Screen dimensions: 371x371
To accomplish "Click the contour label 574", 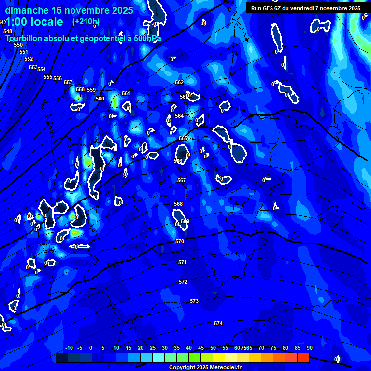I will [218, 323].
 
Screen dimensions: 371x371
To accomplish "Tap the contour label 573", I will [194, 301].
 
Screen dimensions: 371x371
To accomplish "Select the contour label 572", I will [183, 282].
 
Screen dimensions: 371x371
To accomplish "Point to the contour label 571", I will [182, 262].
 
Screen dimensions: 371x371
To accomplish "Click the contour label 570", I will [180, 241].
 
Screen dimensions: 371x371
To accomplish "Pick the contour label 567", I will [181, 180].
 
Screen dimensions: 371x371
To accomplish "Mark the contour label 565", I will [183, 138].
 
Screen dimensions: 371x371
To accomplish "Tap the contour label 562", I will [179, 82].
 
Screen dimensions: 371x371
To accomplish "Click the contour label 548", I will [8, 31].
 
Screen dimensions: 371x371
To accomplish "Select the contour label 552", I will [29, 59].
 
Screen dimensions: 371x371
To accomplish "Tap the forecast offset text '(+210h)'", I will [86, 22].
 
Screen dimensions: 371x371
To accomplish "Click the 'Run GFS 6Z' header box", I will [305, 8].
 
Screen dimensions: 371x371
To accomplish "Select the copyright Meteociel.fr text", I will [205, 368].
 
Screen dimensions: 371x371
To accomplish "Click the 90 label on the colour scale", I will [310, 348].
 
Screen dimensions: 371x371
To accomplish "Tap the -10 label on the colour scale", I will [69, 348].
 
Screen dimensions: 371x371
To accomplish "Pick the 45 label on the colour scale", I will [201, 348].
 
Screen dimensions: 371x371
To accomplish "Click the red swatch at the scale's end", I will [303, 357].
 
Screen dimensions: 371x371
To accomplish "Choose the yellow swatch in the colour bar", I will [219, 357].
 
